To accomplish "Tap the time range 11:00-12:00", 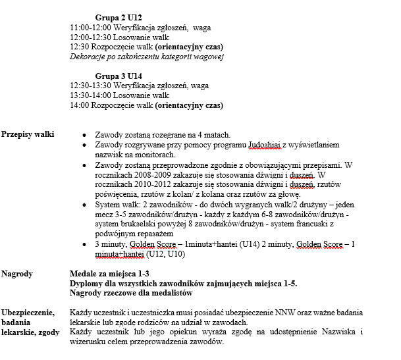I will tap(90, 28).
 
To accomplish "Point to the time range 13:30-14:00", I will tap(90, 95).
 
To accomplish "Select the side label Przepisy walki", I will tap(28, 134).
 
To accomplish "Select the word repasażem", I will tap(153, 234).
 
